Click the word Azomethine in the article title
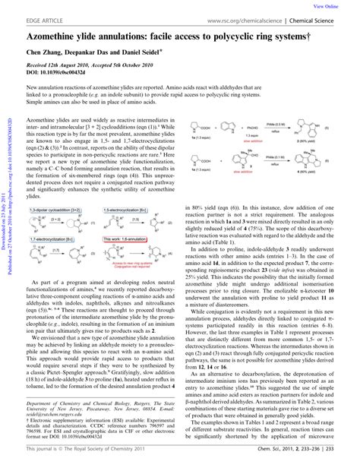pos(60,35)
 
